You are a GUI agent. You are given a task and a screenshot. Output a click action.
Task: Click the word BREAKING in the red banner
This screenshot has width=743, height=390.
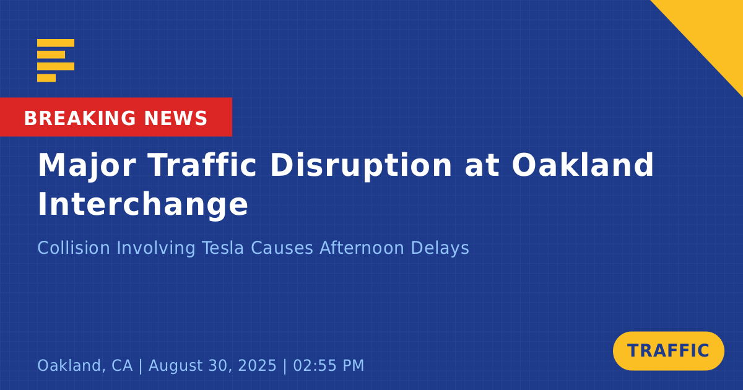click(80, 118)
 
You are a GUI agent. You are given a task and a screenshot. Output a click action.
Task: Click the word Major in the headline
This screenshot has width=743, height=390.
click(87, 166)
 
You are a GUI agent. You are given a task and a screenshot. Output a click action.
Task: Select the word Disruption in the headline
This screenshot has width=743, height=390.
click(361, 166)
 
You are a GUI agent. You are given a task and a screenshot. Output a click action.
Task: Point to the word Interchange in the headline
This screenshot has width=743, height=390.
click(143, 205)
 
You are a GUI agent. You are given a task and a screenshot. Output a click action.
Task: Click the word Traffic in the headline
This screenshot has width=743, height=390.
click(202, 165)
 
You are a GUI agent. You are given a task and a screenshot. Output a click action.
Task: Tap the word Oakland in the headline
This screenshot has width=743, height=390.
click(583, 165)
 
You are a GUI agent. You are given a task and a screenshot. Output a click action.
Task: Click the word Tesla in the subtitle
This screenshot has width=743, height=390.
click(223, 248)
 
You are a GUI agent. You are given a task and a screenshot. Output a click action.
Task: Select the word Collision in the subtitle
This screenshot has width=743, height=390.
click(74, 248)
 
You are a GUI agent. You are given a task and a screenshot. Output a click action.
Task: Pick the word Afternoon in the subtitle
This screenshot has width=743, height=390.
click(362, 248)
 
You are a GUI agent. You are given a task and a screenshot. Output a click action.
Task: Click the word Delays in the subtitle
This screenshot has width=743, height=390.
click(440, 248)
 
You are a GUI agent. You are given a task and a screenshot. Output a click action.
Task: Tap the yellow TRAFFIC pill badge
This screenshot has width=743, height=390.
click(668, 351)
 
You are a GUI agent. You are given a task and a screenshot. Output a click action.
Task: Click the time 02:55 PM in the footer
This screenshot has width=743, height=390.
click(328, 365)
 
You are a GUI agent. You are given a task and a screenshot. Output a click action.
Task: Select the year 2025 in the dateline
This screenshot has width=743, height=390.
click(257, 365)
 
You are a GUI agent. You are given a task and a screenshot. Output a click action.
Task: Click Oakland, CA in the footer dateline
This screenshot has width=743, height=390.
click(85, 366)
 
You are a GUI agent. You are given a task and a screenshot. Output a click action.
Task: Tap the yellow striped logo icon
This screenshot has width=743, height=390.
click(56, 61)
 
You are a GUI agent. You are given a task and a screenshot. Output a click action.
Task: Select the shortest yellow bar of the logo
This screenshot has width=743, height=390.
click(46, 78)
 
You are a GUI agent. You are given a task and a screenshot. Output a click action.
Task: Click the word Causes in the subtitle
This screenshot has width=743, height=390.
click(282, 248)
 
